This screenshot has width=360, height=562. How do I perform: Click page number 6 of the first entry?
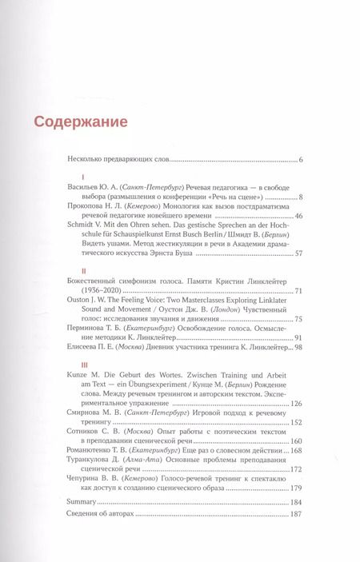(299, 161)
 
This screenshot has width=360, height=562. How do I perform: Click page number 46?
(298, 238)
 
